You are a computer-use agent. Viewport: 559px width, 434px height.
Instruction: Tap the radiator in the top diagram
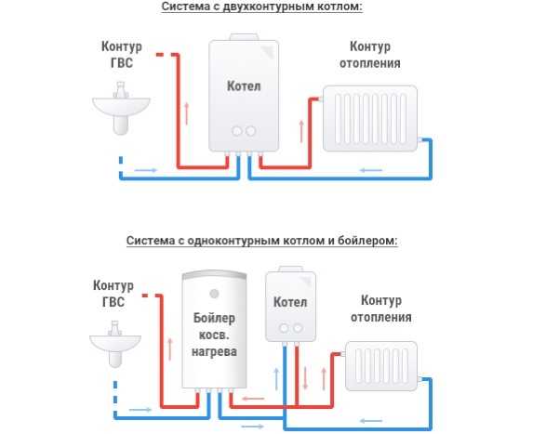point(370,118)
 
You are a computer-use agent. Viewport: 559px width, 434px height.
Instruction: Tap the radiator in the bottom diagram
point(381,366)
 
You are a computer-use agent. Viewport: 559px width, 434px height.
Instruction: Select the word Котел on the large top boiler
point(244,85)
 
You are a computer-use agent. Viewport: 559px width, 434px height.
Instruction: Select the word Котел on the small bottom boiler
point(290,302)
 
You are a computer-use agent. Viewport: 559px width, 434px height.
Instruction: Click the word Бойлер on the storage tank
point(214,318)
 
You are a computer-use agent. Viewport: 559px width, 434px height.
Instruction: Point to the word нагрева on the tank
point(214,351)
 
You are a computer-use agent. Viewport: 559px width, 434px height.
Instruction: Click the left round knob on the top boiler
point(237,131)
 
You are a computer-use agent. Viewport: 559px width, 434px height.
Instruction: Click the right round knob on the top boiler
point(251,131)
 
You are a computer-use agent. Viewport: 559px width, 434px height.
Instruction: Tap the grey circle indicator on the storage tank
point(214,294)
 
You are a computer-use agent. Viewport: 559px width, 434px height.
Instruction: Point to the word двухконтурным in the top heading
point(263,7)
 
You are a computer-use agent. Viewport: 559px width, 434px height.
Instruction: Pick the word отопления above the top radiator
point(370,63)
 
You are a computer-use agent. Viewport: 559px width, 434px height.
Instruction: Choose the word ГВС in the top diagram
point(122,62)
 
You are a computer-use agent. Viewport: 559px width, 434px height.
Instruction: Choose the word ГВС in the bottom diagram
point(113,302)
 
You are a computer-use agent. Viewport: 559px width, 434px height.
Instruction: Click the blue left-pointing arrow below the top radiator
point(371,170)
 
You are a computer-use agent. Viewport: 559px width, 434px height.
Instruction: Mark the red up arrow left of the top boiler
point(186,113)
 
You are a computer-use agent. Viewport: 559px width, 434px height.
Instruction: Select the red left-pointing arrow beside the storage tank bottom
point(253,399)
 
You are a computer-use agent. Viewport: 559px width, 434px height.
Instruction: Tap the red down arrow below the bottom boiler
point(305,378)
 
